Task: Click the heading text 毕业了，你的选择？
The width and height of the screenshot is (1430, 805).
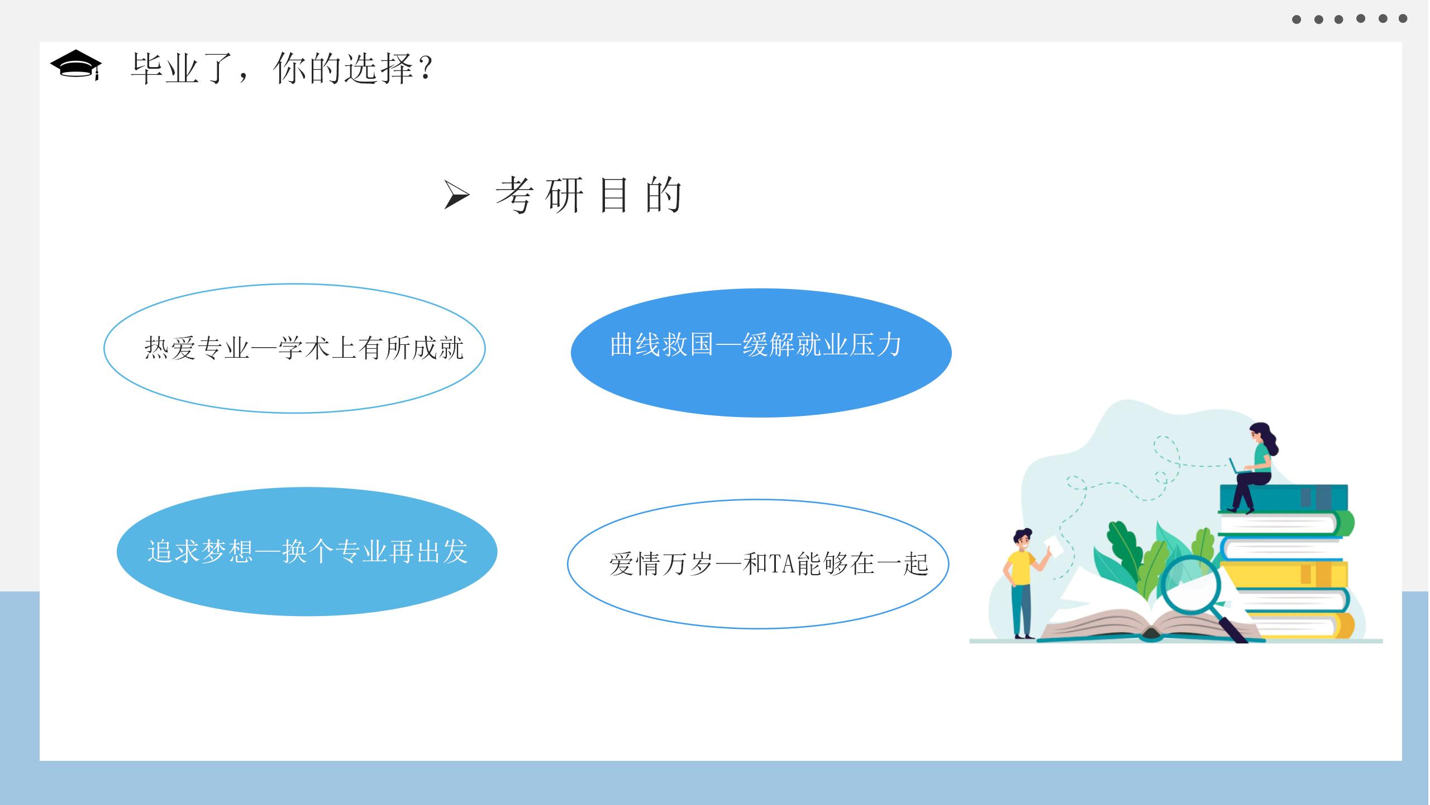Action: point(283,69)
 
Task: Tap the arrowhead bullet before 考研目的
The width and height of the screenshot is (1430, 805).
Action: point(456,195)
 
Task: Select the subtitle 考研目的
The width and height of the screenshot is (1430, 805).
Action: point(589,195)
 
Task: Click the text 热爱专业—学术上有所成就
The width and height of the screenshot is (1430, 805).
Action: point(304,348)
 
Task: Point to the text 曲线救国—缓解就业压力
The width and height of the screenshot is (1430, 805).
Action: point(756,344)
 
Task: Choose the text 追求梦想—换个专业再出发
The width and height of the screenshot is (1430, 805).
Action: point(307,551)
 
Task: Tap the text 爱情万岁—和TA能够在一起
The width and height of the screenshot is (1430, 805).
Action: point(769,563)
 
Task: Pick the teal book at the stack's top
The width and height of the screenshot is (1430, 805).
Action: point(1284,498)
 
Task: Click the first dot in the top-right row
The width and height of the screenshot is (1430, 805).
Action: point(1296,20)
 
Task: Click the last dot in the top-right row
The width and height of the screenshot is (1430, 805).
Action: point(1403,18)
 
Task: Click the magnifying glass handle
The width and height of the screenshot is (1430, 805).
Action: point(1231,629)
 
